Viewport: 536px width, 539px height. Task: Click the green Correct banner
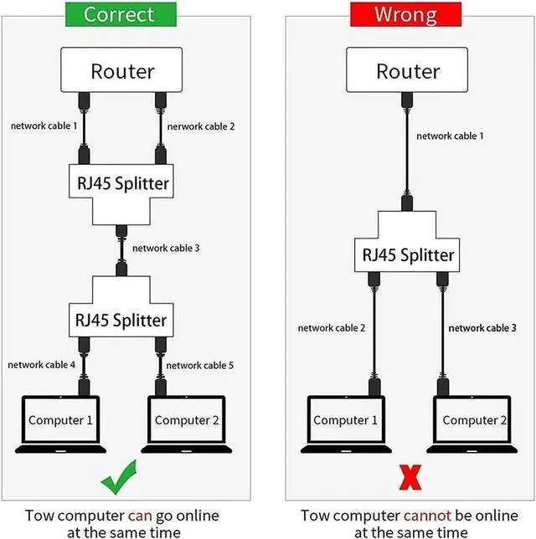click(x=121, y=14)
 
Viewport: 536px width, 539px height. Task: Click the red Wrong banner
click(x=405, y=14)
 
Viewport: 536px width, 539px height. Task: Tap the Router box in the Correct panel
click(x=121, y=69)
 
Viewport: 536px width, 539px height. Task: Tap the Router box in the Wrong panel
click(x=407, y=69)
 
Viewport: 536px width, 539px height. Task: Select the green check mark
click(x=119, y=478)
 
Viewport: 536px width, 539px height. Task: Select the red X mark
click(x=410, y=477)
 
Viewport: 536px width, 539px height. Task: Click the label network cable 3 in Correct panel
click(x=166, y=248)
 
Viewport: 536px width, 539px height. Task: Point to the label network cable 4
click(x=41, y=364)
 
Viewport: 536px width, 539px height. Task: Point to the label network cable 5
click(x=200, y=365)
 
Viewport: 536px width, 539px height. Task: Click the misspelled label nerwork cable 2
click(x=201, y=126)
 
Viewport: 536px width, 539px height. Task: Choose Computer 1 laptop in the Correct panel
click(x=60, y=424)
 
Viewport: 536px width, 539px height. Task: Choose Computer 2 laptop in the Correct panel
click(x=187, y=424)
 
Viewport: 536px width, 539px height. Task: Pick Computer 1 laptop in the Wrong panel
click(x=346, y=424)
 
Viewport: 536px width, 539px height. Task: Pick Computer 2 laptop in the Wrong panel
click(x=472, y=424)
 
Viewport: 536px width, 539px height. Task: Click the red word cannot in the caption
click(x=427, y=516)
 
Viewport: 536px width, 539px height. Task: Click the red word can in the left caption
click(x=140, y=516)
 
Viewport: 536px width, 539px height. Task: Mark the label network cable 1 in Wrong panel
click(x=450, y=136)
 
